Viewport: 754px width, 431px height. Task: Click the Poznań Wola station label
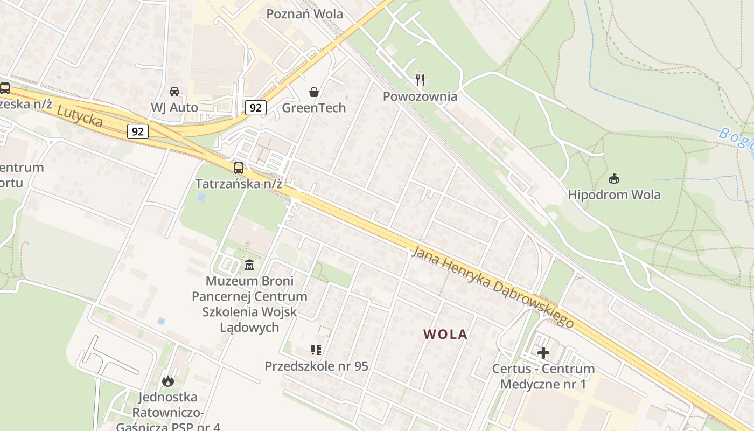click(x=305, y=14)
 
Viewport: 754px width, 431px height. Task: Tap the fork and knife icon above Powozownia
click(x=420, y=80)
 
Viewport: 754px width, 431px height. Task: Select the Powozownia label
click(x=420, y=96)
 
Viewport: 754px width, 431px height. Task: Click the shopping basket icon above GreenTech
click(x=314, y=92)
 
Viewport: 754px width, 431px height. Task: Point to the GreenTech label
click(x=314, y=108)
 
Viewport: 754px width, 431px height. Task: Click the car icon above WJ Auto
click(x=174, y=92)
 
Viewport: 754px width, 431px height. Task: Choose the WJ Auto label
click(x=174, y=107)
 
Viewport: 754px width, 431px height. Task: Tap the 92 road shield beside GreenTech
click(x=256, y=108)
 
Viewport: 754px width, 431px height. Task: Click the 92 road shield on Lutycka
click(x=138, y=131)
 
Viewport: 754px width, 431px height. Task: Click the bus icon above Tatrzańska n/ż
click(x=239, y=168)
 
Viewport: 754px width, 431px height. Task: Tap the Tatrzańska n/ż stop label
click(x=239, y=184)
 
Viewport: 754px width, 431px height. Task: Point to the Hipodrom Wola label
click(x=614, y=194)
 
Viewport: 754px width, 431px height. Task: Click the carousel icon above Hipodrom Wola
click(x=613, y=178)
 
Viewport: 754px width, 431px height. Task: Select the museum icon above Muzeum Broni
click(x=249, y=265)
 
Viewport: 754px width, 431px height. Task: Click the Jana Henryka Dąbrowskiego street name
click(x=492, y=287)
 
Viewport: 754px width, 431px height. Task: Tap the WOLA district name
click(x=445, y=335)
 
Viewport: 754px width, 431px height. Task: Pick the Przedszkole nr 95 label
click(x=316, y=366)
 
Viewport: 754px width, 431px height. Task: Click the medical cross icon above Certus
click(x=543, y=353)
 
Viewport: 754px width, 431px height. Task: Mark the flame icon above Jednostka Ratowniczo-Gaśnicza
click(x=168, y=381)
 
